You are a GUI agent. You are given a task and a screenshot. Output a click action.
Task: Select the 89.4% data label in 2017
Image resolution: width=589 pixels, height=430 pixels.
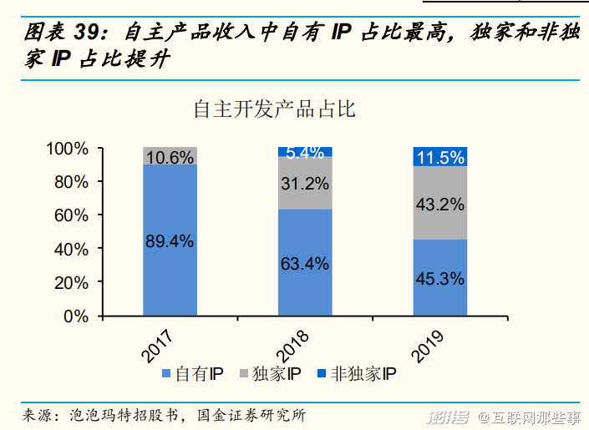tap(170, 241)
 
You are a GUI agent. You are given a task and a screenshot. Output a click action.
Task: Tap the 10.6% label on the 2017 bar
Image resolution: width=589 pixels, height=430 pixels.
tap(170, 156)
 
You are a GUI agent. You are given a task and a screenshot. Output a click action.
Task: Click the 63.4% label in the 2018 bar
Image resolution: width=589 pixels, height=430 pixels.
tap(305, 264)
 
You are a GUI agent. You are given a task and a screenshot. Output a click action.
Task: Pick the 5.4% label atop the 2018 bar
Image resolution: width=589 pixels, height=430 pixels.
tap(305, 153)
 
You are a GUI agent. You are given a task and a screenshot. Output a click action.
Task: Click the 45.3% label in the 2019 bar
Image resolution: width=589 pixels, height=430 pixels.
tap(439, 279)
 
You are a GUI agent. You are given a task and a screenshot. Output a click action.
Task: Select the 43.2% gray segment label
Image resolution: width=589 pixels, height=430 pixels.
tap(439, 203)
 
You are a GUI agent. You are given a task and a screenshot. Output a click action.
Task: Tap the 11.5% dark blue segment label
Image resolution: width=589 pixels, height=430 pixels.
tap(439, 158)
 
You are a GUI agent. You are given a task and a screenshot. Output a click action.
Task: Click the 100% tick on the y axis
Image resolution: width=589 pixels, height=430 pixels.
tap(67, 149)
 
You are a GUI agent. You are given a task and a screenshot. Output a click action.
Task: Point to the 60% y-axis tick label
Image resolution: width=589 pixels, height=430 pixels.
tap(70, 215)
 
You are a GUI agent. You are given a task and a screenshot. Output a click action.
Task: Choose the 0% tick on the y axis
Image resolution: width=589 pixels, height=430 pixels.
tap(75, 316)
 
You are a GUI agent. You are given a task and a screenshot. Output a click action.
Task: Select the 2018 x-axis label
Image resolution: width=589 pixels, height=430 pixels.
tap(292, 344)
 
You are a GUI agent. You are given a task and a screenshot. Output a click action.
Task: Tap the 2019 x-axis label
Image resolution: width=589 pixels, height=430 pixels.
tap(428, 344)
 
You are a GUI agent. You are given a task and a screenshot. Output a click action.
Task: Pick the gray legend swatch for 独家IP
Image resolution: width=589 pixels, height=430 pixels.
tap(245, 374)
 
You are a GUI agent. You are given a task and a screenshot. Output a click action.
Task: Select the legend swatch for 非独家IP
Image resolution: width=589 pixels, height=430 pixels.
tap(322, 374)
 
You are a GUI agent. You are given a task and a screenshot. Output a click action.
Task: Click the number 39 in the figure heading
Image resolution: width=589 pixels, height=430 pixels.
tap(89, 33)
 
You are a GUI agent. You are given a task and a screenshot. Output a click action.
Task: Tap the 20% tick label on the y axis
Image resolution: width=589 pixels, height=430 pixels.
tap(70, 283)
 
